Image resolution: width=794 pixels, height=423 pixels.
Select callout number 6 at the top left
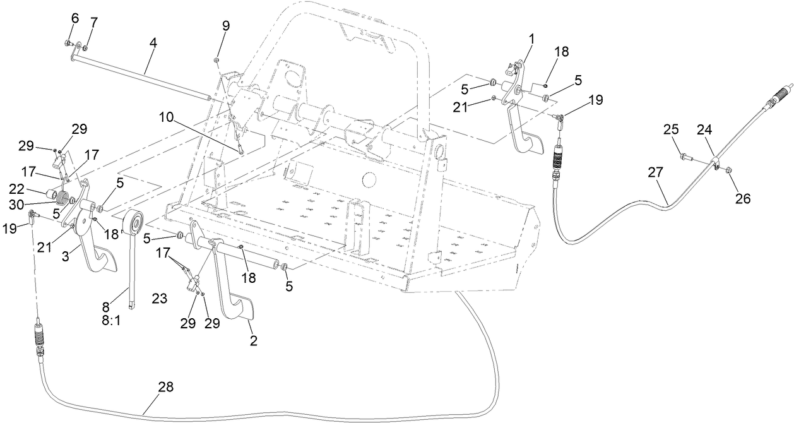(74, 18)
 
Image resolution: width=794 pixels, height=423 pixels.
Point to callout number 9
(225, 26)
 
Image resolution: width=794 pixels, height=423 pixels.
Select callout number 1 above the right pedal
(531, 39)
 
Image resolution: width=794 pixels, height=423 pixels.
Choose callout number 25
(672, 130)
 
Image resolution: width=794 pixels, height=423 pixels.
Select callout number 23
(159, 299)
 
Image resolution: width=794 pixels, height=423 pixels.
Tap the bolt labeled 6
(68, 43)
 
